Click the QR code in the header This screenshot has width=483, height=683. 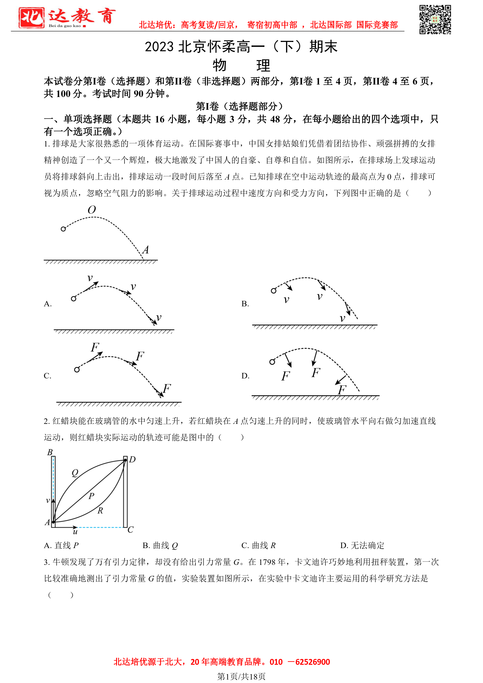click(x=435, y=19)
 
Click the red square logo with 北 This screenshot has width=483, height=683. click(x=31, y=18)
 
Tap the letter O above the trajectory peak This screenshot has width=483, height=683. click(x=92, y=210)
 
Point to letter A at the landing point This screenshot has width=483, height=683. click(x=146, y=250)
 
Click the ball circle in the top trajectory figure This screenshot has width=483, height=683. click(x=63, y=229)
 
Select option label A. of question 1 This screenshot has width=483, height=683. click(x=47, y=304)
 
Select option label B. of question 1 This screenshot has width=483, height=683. click(x=245, y=304)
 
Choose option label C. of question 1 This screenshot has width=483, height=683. click(x=47, y=376)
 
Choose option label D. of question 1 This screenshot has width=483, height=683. click(x=245, y=376)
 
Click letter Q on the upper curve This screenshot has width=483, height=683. click(x=75, y=473)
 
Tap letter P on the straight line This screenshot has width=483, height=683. click(x=92, y=496)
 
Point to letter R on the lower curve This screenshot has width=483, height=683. click(x=100, y=510)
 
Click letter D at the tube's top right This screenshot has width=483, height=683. click(x=132, y=459)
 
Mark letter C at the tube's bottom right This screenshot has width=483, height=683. click(x=130, y=530)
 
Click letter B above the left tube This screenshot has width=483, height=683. click(x=50, y=453)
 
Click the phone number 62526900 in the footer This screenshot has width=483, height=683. click(x=312, y=662)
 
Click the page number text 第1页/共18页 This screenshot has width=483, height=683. click(x=241, y=676)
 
